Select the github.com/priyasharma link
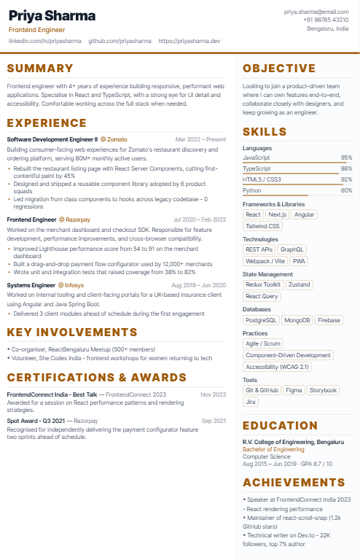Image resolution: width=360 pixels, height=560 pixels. [120, 42]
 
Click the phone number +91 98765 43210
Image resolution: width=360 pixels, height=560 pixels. [326, 20]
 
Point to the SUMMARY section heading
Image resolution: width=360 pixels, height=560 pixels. [40, 69]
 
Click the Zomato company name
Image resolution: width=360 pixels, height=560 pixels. [116, 139]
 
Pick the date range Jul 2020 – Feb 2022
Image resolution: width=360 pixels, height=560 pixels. [200, 219]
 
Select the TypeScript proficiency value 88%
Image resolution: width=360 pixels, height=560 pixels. [346, 168]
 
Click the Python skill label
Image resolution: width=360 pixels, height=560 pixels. [251, 190]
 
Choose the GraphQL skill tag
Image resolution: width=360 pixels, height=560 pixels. [292, 249]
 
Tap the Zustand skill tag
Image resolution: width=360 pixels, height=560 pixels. [298, 284]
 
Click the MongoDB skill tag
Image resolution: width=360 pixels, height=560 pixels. [297, 320]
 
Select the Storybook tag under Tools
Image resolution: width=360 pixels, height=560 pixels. [323, 390]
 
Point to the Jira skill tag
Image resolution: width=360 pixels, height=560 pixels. [251, 402]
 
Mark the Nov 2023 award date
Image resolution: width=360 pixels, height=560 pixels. [214, 394]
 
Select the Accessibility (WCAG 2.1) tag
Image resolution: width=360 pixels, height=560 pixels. [277, 367]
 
